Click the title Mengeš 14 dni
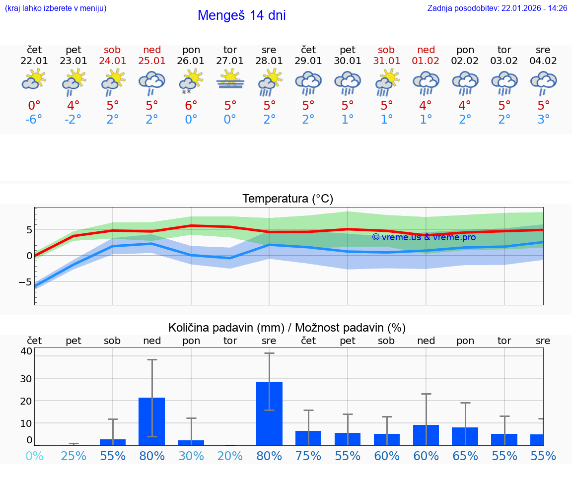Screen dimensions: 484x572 coord(241,15)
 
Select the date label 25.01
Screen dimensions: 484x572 coord(152,61)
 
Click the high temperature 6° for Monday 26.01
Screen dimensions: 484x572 coord(191,105)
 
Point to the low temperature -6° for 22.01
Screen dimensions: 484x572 coord(34,120)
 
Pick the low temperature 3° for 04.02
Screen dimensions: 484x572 coord(543,120)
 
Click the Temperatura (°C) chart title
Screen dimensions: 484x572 coord(287,199)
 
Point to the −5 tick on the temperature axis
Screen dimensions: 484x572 coord(26,281)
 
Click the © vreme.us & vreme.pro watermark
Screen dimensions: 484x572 coord(424,237)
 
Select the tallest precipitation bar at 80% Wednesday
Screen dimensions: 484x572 coord(269,413)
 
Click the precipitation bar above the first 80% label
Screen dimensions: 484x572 coord(152,421)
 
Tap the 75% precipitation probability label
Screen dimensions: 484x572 coord(308,456)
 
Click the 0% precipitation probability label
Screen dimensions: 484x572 coord(34,456)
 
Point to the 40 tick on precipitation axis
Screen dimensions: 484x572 coord(26,351)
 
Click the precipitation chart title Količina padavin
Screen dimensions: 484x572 coord(287,328)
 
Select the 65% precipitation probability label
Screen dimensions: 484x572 coord(465,456)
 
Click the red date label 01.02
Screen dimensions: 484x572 coord(426,61)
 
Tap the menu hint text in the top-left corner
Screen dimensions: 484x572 coord(55,8)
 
